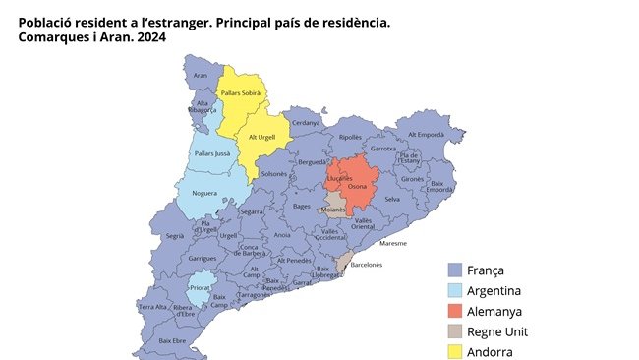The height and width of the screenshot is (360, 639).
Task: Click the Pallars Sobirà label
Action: [x=241, y=92]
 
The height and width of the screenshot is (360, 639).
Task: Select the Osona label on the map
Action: [x=358, y=187]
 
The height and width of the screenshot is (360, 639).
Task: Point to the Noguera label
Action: [x=205, y=193]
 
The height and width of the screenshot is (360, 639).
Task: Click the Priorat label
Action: [x=200, y=287]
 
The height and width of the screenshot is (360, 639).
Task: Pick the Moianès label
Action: [x=334, y=210]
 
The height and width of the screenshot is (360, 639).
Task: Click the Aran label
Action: [x=201, y=75]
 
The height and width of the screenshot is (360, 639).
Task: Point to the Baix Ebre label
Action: [x=172, y=340]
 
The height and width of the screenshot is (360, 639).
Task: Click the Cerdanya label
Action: [x=306, y=123]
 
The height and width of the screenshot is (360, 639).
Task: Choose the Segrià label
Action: [x=175, y=236]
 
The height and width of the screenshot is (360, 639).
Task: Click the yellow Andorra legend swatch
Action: [x=454, y=351]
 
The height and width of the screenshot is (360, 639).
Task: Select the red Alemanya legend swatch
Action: [x=454, y=311]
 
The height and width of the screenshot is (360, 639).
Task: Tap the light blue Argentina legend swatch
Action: [x=454, y=290]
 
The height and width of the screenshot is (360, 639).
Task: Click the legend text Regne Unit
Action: [x=497, y=331]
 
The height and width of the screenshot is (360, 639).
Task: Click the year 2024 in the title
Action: [x=146, y=37]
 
